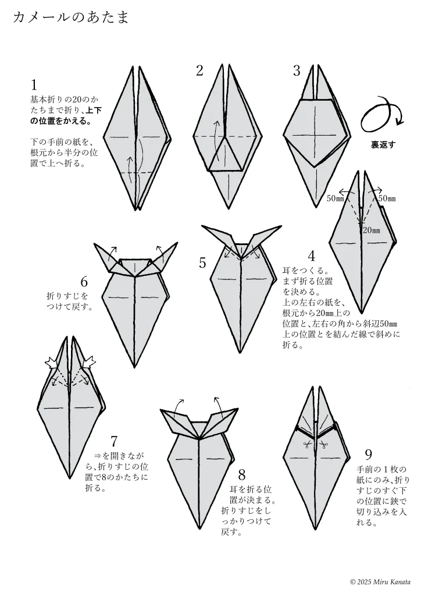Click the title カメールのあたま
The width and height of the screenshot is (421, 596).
(x=71, y=17)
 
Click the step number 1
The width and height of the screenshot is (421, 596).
(x=34, y=85)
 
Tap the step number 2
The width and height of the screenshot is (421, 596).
(x=199, y=70)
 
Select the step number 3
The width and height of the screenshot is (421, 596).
(x=297, y=70)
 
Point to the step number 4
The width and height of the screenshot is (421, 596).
(x=311, y=256)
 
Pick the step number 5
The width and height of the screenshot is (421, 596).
(x=202, y=262)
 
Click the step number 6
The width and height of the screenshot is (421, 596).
(x=84, y=282)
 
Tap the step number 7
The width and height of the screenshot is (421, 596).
(x=114, y=441)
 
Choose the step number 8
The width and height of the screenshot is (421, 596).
(x=242, y=475)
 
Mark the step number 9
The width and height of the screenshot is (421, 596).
(x=368, y=454)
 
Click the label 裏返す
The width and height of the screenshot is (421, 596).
(x=383, y=145)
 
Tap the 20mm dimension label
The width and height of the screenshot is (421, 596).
(x=371, y=230)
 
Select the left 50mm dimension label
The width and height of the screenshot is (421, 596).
(x=335, y=198)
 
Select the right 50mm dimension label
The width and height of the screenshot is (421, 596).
(x=387, y=198)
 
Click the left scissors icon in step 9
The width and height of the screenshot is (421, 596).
(x=307, y=444)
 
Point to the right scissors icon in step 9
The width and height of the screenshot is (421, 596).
(x=324, y=444)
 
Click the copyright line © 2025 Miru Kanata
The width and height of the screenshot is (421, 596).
(x=380, y=582)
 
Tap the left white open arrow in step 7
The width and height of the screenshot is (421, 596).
(x=51, y=363)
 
